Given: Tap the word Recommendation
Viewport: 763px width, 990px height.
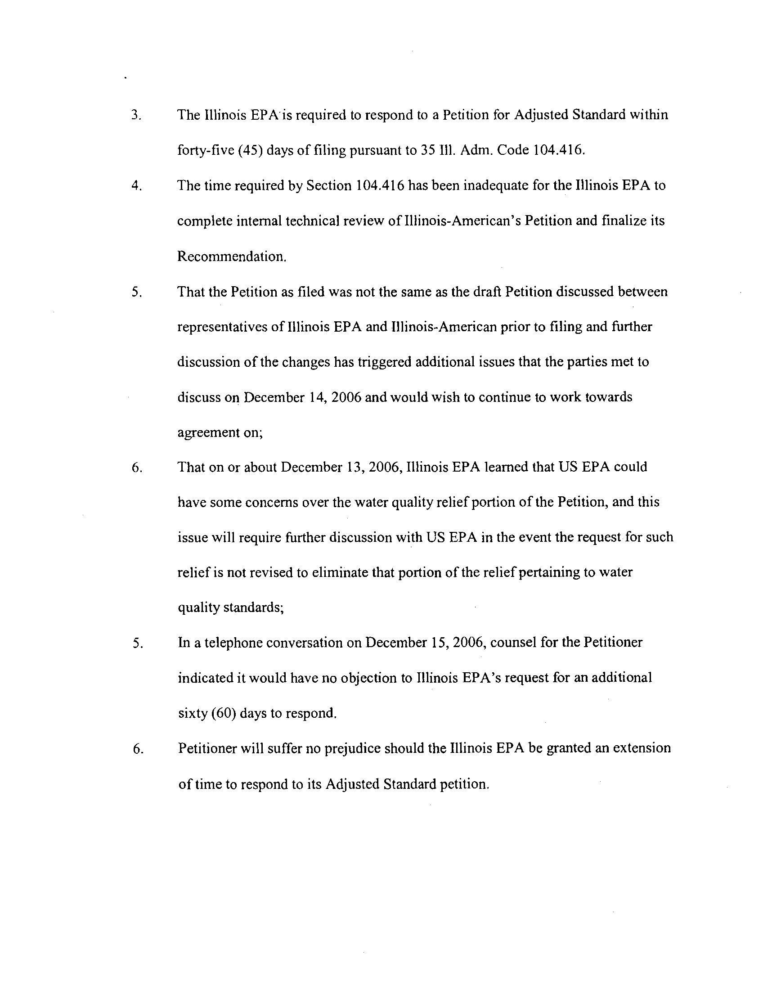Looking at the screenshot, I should point(232,256).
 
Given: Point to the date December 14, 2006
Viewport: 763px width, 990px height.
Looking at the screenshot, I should point(302,397).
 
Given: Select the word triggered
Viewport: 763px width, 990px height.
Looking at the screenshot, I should point(384,362).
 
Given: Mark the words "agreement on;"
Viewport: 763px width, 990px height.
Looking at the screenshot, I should point(220,433).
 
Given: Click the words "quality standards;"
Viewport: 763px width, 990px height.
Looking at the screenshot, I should point(231,608).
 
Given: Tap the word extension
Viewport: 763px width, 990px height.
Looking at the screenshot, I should point(642,748).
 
